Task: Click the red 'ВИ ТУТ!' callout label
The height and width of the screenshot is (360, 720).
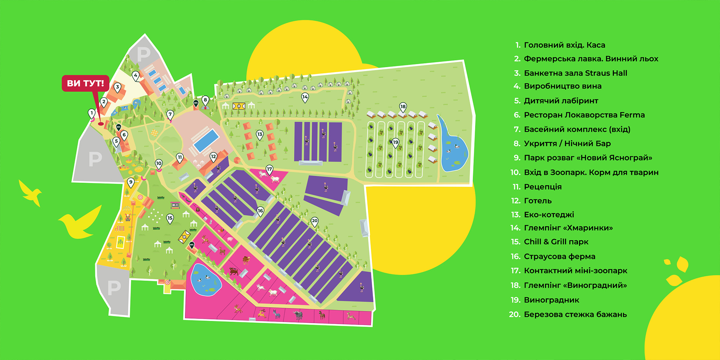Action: coord(85,83)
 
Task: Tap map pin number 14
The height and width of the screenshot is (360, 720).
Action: coord(305,97)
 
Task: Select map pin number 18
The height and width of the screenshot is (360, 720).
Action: coord(403,107)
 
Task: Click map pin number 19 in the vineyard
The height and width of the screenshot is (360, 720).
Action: coord(396,142)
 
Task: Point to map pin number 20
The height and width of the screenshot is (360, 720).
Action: coord(314,221)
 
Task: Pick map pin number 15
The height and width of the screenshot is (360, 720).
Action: coord(170,218)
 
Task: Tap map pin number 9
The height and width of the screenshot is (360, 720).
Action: coord(131,182)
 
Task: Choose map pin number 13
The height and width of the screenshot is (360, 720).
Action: coord(260,134)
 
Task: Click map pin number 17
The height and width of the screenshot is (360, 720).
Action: coord(269,169)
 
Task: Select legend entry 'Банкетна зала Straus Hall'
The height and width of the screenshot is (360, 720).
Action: coord(575,73)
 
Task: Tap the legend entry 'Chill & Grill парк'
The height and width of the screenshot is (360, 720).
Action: coord(556,242)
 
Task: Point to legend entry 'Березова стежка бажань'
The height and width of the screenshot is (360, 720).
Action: coord(575,314)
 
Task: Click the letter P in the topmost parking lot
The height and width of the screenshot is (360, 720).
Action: coord(144,54)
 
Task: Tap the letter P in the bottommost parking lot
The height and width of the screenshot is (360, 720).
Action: coord(114,288)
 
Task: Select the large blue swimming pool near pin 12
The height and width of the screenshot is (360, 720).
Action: coord(206,140)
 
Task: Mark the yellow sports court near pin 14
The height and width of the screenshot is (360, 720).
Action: coord(239,106)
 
